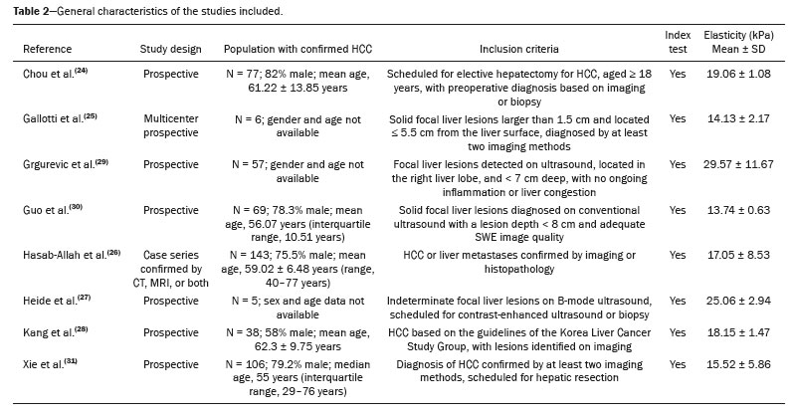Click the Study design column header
[170, 49]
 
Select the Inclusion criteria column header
[519, 49]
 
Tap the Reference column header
[47, 49]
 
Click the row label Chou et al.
[55, 74]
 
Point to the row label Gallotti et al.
[60, 118]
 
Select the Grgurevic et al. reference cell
[66, 164]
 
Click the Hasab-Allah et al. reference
[72, 255]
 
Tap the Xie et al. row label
[50, 364]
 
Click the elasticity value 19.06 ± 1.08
[738, 74]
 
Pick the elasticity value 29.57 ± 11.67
[738, 164]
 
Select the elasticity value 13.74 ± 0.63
[738, 210]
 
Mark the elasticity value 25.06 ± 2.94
[738, 301]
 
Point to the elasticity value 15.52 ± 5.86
[738, 364]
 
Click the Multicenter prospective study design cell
[170, 125]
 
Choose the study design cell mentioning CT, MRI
[170, 269]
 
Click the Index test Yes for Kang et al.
[678, 332]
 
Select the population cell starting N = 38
[297, 339]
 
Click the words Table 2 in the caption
[32, 11]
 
